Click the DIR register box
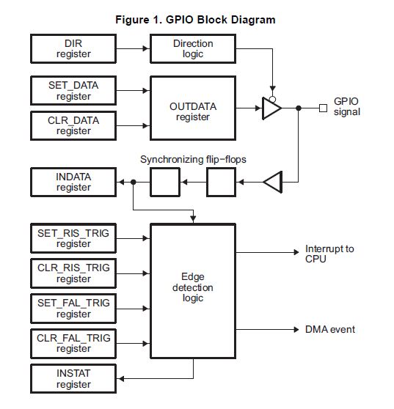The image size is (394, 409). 73,49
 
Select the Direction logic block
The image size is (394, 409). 193,49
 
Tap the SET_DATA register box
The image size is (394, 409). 73,91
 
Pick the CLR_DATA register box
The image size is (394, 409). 73,126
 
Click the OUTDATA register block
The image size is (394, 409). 193,108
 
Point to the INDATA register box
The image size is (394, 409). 73,182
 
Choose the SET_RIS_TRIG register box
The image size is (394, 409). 73,238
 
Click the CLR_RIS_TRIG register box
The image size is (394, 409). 73,273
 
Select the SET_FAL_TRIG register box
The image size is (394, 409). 73,309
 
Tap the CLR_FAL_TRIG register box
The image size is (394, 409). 73,344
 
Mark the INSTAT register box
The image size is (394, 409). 73,379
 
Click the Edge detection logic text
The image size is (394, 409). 193,287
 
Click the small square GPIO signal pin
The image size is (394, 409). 324,108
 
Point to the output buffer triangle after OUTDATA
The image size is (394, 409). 271,108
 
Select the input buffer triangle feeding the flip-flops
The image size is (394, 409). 273,182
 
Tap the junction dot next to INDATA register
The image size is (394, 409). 133,182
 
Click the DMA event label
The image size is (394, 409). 330,329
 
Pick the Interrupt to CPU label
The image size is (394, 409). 329,254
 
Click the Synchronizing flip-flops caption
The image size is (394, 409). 193,159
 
